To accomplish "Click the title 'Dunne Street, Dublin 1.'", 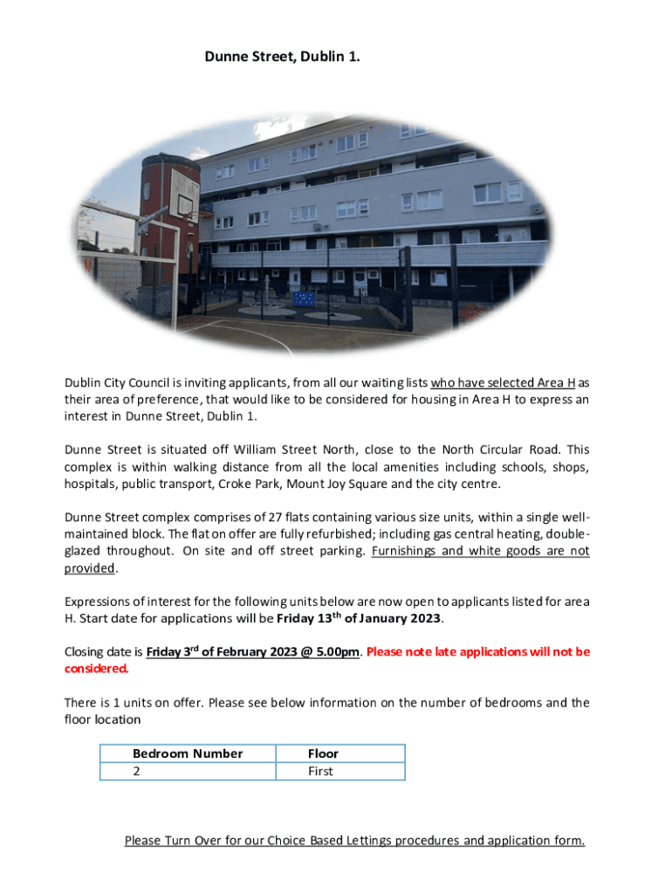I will (x=282, y=57).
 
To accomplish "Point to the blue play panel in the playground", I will (x=305, y=298).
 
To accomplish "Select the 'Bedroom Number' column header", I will (x=188, y=753).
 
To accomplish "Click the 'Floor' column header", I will (x=323, y=753).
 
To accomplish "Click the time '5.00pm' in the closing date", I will (x=338, y=652).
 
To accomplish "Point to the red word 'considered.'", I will (x=97, y=669).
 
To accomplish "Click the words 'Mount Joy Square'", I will (x=338, y=485).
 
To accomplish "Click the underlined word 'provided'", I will (x=90, y=568).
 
